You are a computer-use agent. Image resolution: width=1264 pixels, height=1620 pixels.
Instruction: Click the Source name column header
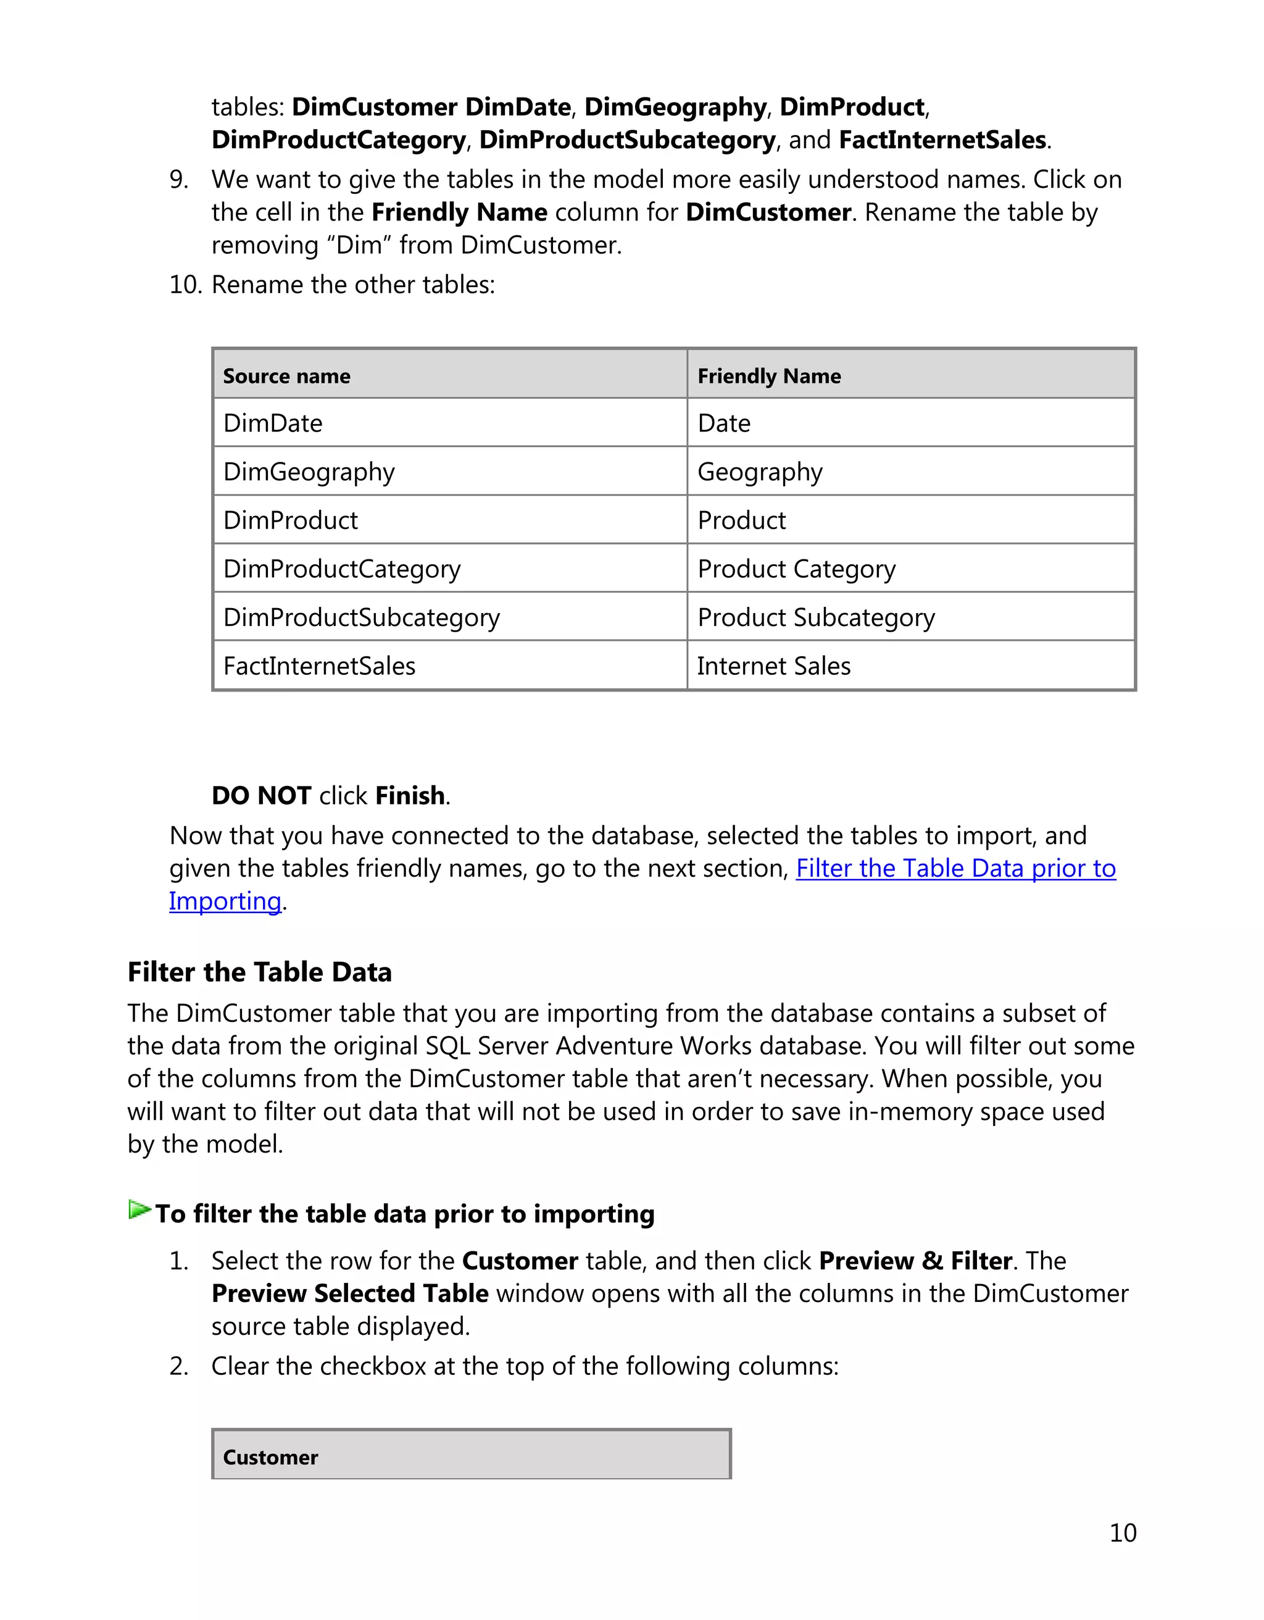286,376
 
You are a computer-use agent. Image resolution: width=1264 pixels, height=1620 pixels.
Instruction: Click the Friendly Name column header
769,376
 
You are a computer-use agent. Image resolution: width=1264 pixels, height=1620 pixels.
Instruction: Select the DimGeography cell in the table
309,472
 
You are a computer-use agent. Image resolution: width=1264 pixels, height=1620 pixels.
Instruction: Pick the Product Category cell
796,569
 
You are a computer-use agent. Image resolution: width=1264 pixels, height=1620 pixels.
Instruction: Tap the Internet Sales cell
773,666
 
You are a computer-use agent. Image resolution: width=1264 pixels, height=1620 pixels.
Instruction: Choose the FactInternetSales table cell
319,666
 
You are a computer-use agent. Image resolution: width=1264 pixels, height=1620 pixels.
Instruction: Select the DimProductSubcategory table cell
361,617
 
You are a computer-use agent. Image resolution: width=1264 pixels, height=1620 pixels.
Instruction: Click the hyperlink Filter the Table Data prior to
955,868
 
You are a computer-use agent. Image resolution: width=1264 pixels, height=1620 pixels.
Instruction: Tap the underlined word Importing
225,901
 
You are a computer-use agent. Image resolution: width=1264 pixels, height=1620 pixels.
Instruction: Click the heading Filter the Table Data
259,972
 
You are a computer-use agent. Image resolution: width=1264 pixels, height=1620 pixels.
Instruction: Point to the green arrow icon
139,1210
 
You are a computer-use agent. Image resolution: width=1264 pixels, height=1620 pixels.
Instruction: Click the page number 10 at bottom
1123,1532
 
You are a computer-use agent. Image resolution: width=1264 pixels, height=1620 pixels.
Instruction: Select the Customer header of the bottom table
270,1457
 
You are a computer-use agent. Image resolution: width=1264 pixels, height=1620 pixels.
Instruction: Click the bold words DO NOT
261,795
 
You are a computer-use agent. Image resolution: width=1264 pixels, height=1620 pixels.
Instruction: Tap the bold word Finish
409,795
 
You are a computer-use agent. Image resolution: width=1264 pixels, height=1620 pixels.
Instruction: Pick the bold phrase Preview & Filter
915,1260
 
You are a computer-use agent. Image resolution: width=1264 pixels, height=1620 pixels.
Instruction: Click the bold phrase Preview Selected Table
349,1293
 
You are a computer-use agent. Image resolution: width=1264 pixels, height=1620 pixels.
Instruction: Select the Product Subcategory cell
815,617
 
